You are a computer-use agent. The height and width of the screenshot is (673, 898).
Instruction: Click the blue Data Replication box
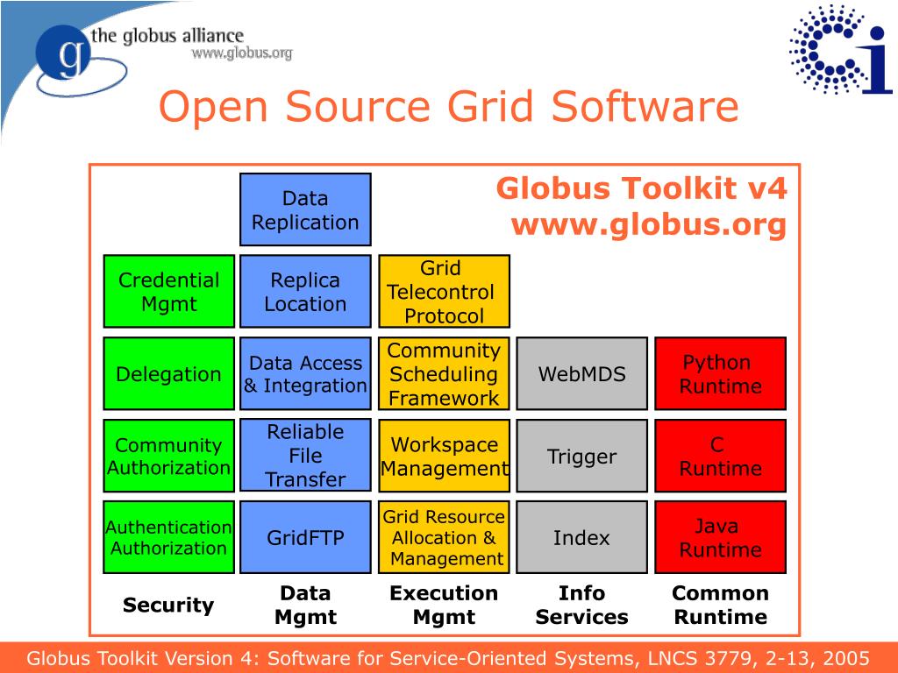coord(305,210)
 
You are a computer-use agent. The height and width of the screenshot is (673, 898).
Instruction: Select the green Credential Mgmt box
coord(169,292)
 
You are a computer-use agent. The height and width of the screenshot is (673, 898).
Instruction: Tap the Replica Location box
coord(305,292)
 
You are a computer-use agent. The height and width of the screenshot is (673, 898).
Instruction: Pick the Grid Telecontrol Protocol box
coord(444,292)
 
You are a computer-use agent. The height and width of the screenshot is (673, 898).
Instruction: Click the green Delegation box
coord(169,374)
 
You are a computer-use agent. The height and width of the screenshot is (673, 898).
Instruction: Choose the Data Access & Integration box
coord(305,374)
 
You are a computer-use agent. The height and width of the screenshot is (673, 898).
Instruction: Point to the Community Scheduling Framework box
coord(444,374)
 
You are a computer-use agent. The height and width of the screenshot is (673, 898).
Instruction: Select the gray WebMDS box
coord(581,374)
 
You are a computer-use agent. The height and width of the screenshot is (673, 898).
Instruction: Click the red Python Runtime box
coord(720,374)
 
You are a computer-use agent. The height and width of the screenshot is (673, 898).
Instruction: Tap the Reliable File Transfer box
coord(305,456)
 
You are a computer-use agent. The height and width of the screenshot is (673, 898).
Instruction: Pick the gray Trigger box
coord(581,456)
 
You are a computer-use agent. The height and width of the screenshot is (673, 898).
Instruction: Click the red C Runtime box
coord(720,456)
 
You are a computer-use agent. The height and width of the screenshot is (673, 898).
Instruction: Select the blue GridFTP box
coord(305,537)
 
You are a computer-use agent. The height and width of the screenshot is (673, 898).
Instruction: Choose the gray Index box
coord(581,537)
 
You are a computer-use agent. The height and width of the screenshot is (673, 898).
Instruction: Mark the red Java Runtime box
coord(720,537)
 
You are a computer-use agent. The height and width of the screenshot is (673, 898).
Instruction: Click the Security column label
coord(168,605)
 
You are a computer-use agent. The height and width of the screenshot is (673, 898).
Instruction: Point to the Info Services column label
coord(581,605)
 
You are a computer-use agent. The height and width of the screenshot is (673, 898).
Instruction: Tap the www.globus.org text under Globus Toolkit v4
coord(648,225)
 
